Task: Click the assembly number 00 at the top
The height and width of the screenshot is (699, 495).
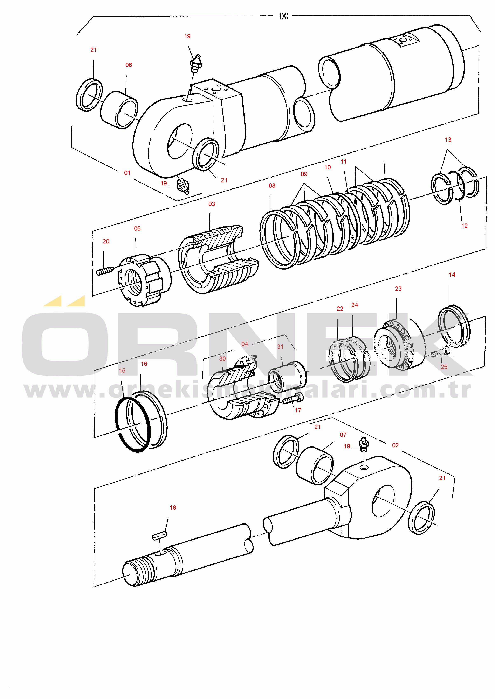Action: click(284, 16)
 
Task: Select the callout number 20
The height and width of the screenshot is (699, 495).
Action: click(106, 241)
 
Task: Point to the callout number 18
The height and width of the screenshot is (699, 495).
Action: click(173, 507)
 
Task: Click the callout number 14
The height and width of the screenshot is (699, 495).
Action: click(452, 275)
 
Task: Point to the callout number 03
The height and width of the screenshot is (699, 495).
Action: click(212, 204)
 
